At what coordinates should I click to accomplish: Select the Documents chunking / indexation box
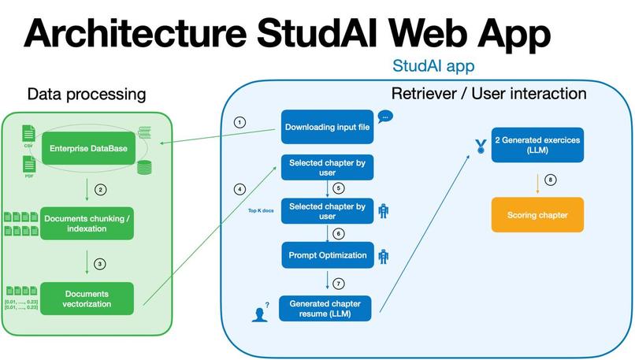[88, 223]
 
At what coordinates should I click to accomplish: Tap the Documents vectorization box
[87, 299]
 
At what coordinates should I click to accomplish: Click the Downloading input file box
[327, 127]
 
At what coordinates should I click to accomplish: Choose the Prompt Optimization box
[327, 255]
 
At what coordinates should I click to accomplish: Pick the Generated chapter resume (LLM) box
[327, 307]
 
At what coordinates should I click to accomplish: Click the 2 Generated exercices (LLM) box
[537, 145]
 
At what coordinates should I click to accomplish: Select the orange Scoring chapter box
[537, 214]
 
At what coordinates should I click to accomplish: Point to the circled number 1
[240, 123]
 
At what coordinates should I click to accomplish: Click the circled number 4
[240, 189]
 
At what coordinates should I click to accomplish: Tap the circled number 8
[551, 180]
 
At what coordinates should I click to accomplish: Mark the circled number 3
[99, 263]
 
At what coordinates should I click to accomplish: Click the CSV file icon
[28, 133]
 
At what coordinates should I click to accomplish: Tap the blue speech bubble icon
[385, 117]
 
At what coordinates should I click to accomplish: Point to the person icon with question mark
[259, 313]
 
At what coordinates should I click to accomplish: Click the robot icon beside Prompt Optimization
[384, 255]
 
